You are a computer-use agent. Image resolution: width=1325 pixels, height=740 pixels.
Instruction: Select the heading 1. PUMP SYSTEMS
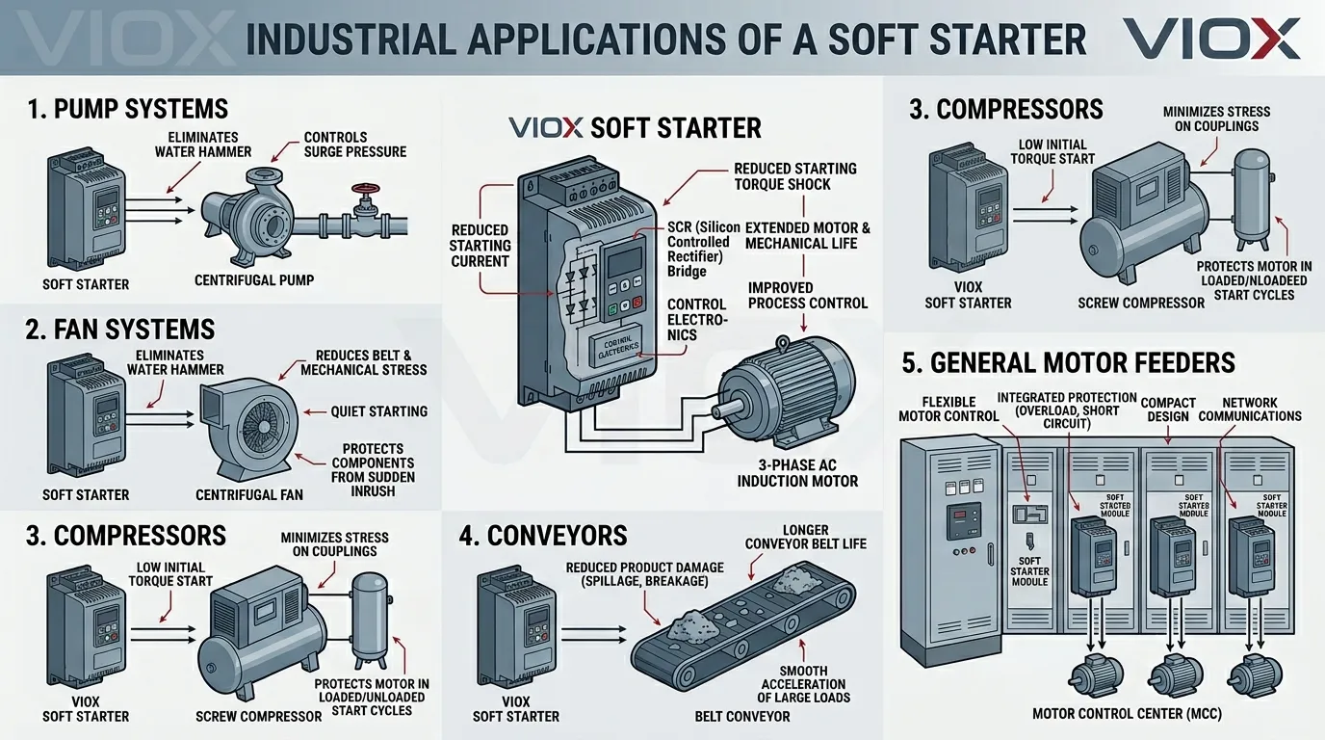pos(128,108)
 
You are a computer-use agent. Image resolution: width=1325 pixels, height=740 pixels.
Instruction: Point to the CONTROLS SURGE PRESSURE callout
pos(354,145)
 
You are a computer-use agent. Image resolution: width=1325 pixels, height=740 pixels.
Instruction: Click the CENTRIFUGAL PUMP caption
pos(254,281)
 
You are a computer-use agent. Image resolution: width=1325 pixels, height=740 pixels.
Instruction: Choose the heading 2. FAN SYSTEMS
pos(120,329)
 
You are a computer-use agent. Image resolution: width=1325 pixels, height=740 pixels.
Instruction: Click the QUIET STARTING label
pos(378,411)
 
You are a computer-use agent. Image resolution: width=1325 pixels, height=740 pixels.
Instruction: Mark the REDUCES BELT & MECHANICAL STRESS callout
pos(363,362)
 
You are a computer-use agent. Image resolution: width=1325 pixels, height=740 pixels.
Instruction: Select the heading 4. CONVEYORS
pos(543,535)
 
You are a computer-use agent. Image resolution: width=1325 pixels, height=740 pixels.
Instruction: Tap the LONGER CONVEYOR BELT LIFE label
pos(805,537)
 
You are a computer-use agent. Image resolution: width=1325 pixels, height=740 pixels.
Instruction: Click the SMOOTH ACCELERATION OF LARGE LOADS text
pos(803,684)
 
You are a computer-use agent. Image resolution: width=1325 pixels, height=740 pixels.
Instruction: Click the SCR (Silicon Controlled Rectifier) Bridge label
pos(703,250)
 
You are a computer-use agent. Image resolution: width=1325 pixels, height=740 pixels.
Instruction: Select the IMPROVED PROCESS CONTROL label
pos(807,296)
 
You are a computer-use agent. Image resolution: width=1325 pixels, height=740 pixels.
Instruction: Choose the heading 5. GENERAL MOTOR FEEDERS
pos(1068,362)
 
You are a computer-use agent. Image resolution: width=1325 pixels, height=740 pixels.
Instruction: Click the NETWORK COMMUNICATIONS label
pos(1261,410)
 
